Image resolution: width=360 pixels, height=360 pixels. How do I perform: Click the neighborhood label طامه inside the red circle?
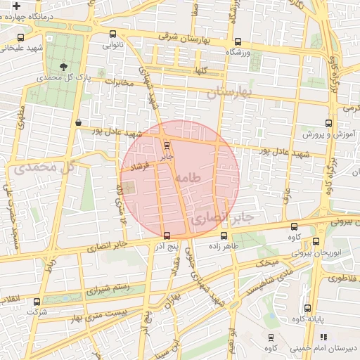190,178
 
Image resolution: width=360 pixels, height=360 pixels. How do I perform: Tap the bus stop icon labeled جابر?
167,146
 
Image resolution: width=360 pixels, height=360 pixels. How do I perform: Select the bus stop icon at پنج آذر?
167,236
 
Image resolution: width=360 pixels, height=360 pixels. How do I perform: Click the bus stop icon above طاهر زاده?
224,236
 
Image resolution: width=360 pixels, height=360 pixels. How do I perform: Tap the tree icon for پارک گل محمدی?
65,67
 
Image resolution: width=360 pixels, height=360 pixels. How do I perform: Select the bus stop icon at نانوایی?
112,34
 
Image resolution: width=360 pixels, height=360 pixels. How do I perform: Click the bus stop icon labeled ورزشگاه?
237,41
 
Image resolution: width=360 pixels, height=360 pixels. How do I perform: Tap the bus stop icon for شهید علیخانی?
20,37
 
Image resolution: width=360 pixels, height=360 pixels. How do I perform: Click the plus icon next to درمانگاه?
16,5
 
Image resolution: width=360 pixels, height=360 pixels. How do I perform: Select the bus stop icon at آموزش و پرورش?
328,122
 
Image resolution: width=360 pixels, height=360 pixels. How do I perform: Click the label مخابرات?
118,82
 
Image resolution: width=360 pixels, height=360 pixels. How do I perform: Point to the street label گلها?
202,71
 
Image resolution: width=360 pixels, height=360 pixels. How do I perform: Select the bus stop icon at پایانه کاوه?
307,308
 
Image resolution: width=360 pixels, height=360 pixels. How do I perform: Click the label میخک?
267,262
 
